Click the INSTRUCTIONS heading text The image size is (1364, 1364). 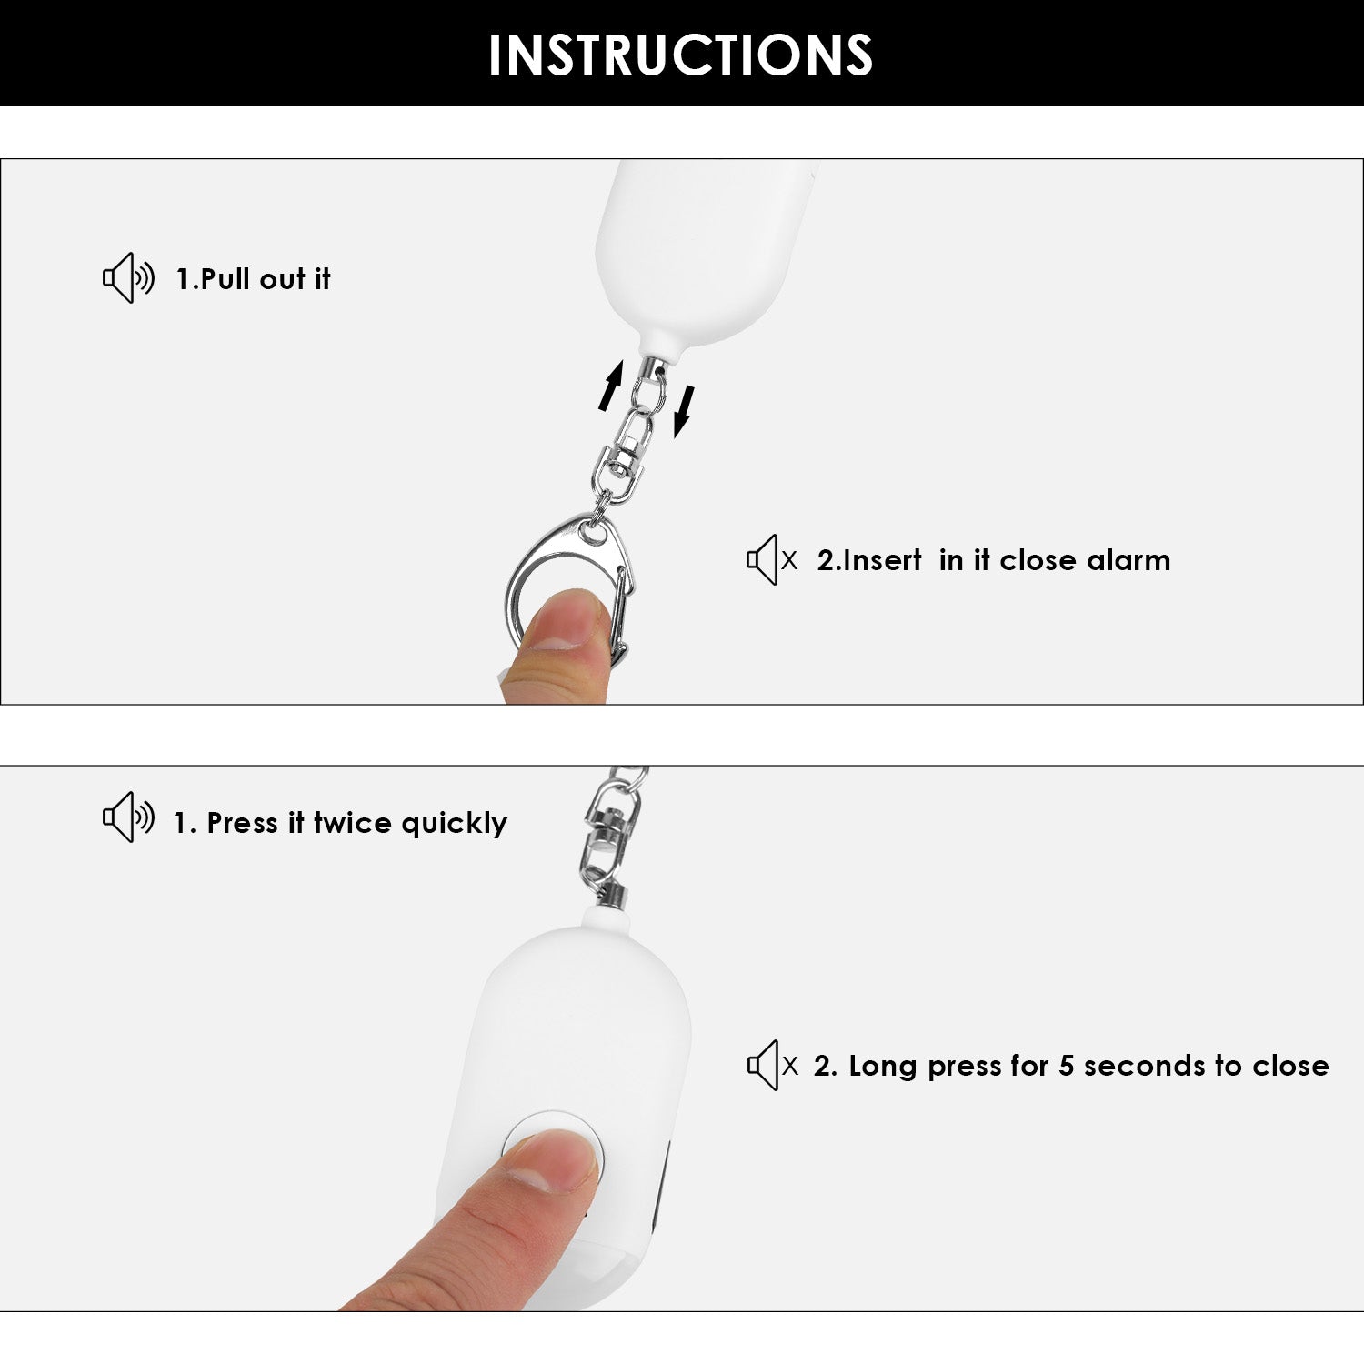[680, 55]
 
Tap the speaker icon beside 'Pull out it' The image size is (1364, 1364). [127, 278]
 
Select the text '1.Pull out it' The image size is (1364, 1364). [253, 279]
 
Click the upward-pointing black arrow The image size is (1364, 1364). [611, 385]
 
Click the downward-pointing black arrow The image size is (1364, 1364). [684, 411]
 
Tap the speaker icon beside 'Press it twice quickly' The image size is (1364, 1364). [127, 817]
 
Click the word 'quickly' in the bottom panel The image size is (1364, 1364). [454, 824]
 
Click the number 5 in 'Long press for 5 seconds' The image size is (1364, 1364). [1067, 1066]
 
